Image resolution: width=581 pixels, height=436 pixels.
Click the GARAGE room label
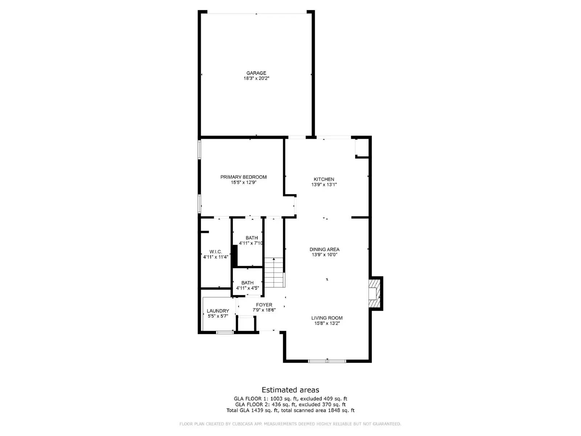point(256,73)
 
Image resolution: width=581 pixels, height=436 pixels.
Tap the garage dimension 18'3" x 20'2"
point(256,78)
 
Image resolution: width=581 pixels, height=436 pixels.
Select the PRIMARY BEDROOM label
point(243,177)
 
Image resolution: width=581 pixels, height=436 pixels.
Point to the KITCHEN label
point(324,179)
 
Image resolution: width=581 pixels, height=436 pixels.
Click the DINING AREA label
point(324,249)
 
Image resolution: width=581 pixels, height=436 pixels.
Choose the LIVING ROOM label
point(327,318)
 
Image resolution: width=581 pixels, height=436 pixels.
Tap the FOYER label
point(264,305)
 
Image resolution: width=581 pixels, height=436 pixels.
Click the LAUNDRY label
point(218,311)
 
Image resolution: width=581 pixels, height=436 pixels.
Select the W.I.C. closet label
point(216,252)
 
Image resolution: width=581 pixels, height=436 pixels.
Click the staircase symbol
point(273,272)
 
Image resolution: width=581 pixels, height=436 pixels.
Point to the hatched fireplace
point(374,294)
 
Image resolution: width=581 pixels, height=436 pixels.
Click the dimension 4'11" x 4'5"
point(247,288)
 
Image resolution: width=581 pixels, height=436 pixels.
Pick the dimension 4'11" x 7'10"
point(251,243)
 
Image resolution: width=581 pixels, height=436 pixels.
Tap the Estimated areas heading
point(290,390)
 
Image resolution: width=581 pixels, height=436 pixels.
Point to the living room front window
point(327,361)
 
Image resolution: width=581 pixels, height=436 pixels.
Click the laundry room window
point(225,332)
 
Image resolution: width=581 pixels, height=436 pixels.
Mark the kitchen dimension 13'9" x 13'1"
point(324,185)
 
